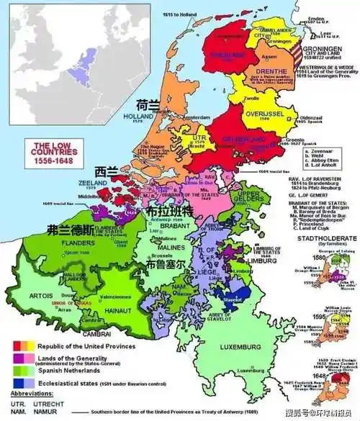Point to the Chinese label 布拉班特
tap(169, 213)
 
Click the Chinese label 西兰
tap(107, 171)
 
